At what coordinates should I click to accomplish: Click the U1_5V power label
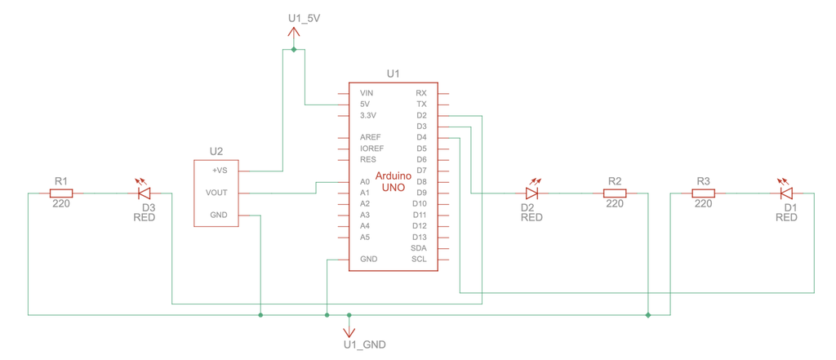point(304,17)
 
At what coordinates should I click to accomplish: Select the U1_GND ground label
point(364,344)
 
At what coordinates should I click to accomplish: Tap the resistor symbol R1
point(61,193)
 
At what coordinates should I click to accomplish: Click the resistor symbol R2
point(615,193)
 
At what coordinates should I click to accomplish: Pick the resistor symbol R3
point(703,193)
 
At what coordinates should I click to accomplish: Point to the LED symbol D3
point(145,193)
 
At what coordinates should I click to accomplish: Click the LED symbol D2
point(532,193)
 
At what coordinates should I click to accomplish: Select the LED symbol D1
point(787,193)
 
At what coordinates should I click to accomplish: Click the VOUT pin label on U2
point(217,193)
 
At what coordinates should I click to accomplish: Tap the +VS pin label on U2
point(220,171)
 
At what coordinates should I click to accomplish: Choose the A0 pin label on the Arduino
point(365,182)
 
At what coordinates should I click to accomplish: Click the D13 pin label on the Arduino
point(420,237)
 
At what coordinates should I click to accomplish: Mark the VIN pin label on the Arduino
point(367,94)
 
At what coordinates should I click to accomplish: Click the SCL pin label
point(419,260)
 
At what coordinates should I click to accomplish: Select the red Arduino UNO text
point(393,182)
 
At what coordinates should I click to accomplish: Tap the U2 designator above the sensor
point(216,151)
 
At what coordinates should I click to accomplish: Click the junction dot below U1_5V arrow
point(294,50)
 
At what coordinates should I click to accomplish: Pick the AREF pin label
point(371,137)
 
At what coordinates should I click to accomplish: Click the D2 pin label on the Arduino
point(421,116)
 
